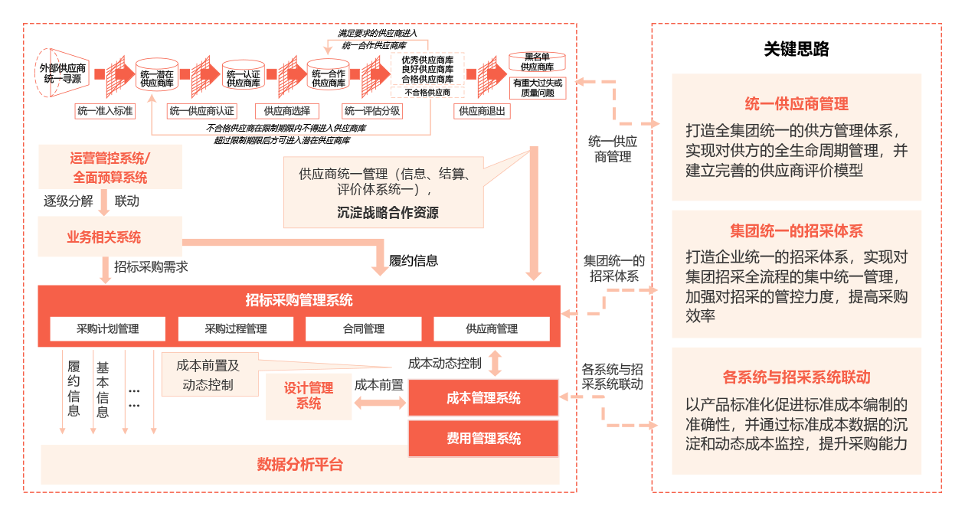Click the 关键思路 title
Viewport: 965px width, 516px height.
tap(797, 50)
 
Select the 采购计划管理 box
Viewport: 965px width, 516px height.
tap(108, 329)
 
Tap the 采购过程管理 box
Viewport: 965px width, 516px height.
tap(236, 329)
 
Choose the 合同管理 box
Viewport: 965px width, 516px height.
tap(364, 329)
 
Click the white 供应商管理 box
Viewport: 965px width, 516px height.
tap(492, 329)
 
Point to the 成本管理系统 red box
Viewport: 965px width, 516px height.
tap(483, 398)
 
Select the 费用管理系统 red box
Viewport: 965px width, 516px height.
tap(483, 439)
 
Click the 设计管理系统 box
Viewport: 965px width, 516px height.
tap(309, 396)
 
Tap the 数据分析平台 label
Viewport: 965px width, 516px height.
tap(300, 465)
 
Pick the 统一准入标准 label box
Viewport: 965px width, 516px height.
tap(105, 111)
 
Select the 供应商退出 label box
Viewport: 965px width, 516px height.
tap(483, 111)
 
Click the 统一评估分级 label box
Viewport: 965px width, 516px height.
tap(372, 111)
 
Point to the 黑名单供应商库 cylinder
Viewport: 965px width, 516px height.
tap(538, 62)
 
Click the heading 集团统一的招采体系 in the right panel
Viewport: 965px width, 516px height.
tap(797, 231)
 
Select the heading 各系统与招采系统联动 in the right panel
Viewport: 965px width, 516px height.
tap(797, 377)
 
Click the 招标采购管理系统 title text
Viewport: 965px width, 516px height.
tap(299, 300)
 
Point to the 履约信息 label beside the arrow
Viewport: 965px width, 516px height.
tap(414, 261)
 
